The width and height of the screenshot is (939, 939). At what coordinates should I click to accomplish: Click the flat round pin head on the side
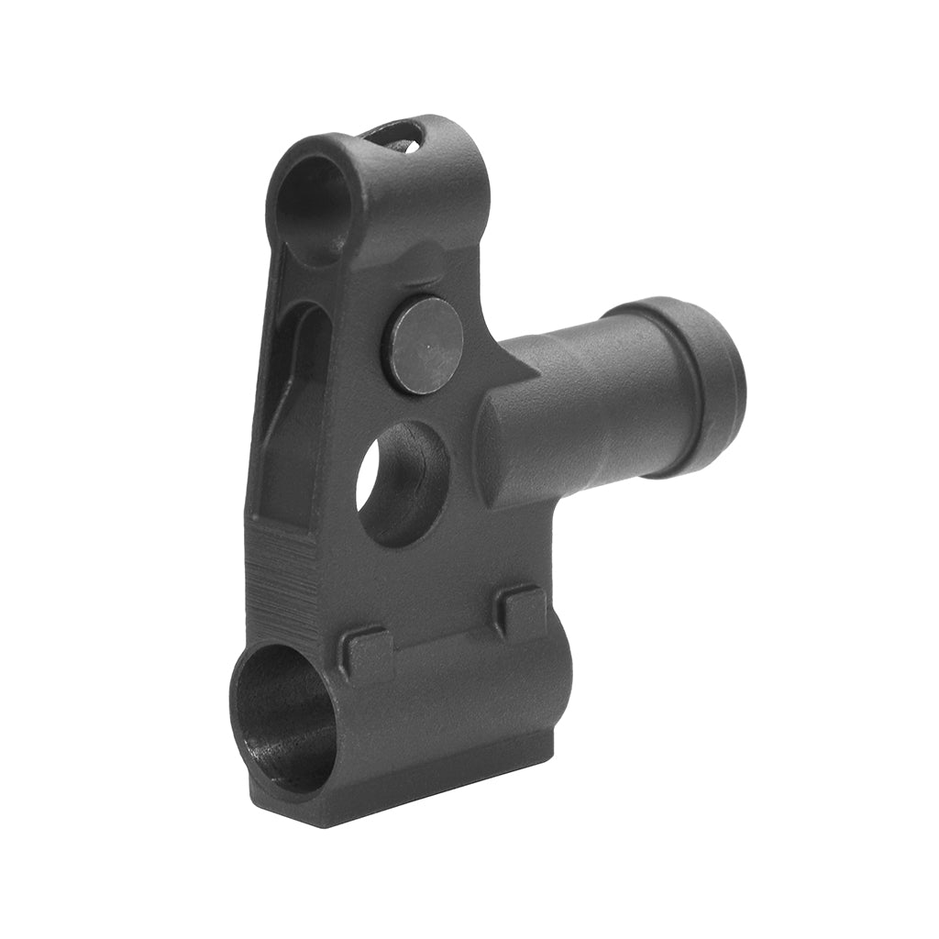(x=422, y=344)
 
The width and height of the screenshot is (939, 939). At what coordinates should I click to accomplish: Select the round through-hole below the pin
(x=402, y=483)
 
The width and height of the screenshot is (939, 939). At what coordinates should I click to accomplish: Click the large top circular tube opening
(x=312, y=208)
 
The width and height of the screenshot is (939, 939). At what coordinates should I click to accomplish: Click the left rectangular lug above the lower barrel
(x=368, y=653)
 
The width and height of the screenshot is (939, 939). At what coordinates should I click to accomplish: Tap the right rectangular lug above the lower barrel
(x=521, y=610)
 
